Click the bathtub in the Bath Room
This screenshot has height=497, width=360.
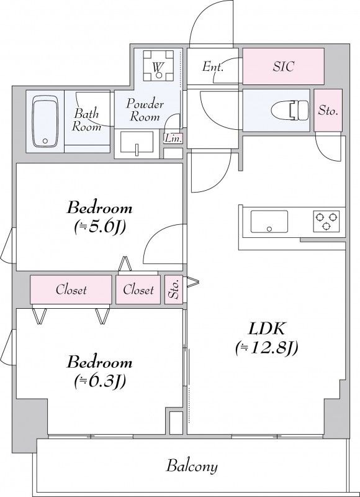click(45, 121)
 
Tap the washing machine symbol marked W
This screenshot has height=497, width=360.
click(158, 66)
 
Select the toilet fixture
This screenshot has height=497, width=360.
click(290, 111)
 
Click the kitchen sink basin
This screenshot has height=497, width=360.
click(269, 222)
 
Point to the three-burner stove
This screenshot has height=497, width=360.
click(326, 221)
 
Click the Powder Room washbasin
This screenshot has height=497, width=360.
click(137, 143)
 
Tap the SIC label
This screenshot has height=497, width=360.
click(283, 66)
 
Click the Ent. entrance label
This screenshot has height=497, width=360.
click(213, 66)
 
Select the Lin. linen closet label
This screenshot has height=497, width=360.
click(173, 139)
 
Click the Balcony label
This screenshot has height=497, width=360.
click(192, 467)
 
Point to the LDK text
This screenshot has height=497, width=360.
click(266, 330)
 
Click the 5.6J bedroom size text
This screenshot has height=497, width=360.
click(100, 227)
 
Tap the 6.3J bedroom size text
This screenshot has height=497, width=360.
click(100, 381)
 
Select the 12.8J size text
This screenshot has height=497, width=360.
click(266, 349)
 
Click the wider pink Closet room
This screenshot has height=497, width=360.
click(71, 290)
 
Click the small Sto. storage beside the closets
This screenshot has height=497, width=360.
click(174, 290)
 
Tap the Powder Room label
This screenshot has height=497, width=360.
click(145, 111)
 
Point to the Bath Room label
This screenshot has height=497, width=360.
click(86, 121)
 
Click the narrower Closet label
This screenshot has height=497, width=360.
click(138, 290)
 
